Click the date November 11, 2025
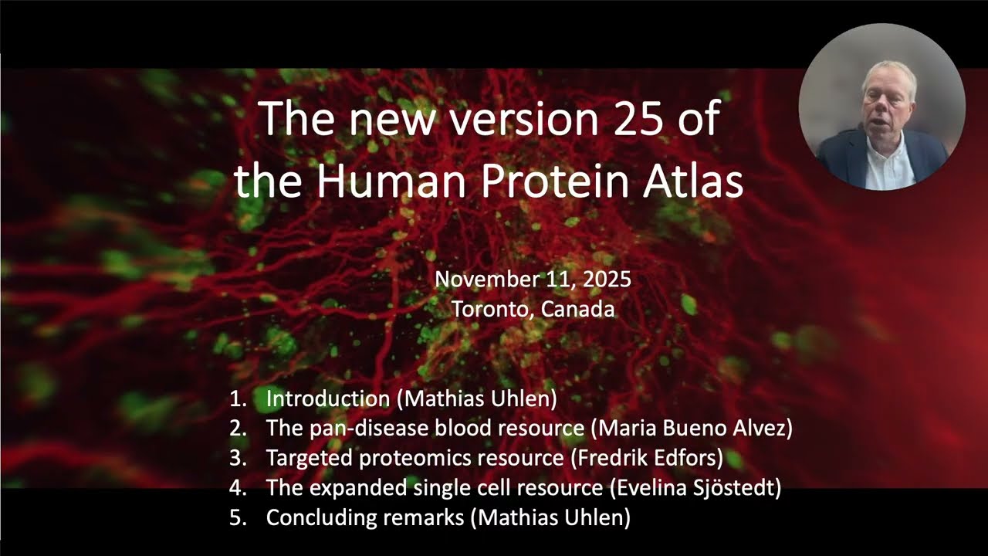533,280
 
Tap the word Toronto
492,310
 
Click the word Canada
578,310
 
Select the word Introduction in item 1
327,398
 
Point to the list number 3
237,458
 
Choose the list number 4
237,488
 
